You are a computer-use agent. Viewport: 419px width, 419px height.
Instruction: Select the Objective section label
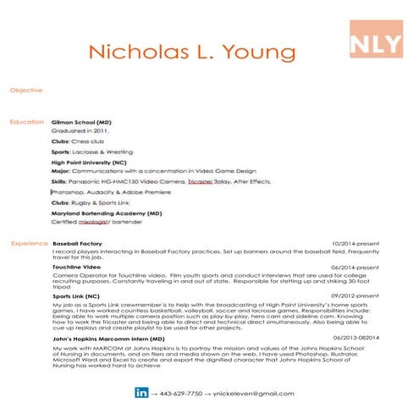coord(24,89)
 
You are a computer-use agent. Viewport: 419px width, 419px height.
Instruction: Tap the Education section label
coord(26,123)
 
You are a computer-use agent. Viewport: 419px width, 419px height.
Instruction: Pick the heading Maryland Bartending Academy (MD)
coord(107,214)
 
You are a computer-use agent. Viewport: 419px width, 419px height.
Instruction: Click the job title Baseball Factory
coord(77,243)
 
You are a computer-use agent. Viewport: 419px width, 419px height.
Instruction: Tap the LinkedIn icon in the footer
coord(141,393)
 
